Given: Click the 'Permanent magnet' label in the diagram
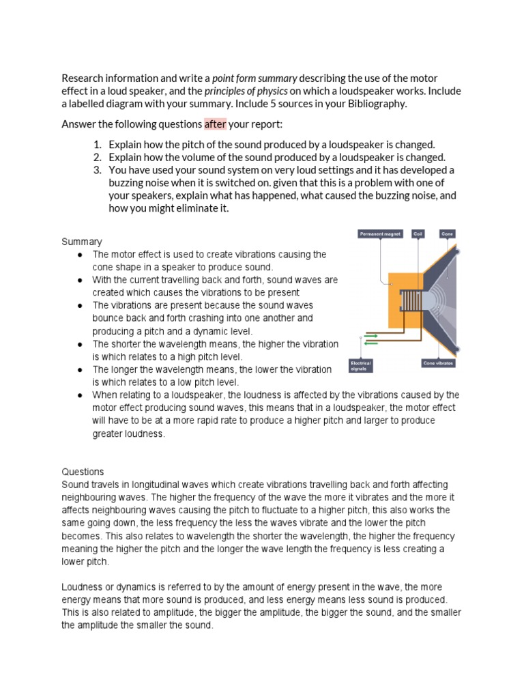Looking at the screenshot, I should tap(380, 234).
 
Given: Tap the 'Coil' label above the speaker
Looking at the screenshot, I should tap(418, 234).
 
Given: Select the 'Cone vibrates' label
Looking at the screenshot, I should tap(438, 363).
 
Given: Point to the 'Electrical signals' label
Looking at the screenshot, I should tap(361, 366).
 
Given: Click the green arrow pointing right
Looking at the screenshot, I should tap(370, 335).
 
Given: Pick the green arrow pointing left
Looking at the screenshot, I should tap(370, 344).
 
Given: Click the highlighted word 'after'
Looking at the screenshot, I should tap(215, 124).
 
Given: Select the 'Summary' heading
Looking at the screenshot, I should tap(82, 242).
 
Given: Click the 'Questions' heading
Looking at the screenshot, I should tap(83, 472).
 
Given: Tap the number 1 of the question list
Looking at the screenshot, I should tap(98, 145).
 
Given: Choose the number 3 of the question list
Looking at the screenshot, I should tap(98, 170).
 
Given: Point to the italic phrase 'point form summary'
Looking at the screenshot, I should tap(254, 79).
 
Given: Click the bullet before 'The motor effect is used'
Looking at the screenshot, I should tap(80, 255).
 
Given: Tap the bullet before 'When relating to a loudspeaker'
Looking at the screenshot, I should tap(80, 395).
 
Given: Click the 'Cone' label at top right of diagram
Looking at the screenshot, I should tap(448, 234).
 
